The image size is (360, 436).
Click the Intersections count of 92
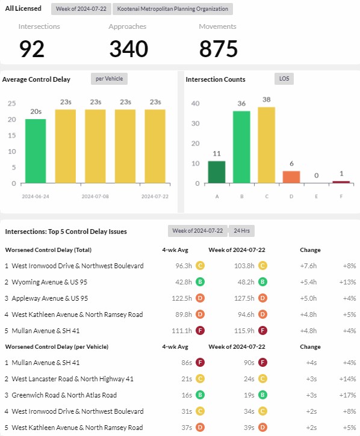pos(32,49)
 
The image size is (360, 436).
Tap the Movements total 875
pos(219,49)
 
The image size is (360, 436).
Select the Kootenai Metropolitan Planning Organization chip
pos(173,9)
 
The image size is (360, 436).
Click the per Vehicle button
pos(109,79)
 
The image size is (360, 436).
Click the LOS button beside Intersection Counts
pos(284,79)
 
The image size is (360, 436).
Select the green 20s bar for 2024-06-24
pos(36,151)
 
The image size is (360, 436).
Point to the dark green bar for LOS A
pos(217,172)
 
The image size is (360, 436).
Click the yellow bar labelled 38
pos(267,145)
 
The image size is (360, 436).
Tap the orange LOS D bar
pos(291,177)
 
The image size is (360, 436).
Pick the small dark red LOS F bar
pos(341,182)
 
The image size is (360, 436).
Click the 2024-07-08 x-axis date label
pos(95,196)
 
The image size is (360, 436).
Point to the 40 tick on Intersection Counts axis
pos(195,103)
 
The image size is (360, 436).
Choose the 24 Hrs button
pos(241,231)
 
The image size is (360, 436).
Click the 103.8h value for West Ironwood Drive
pos(244,266)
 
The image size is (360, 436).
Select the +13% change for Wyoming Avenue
pos(347,282)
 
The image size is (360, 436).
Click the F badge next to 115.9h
pos(262,331)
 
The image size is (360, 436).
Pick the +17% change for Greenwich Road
pos(347,395)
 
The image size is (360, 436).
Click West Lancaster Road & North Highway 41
pos(72,379)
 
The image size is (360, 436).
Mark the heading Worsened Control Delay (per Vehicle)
pos(57,347)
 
